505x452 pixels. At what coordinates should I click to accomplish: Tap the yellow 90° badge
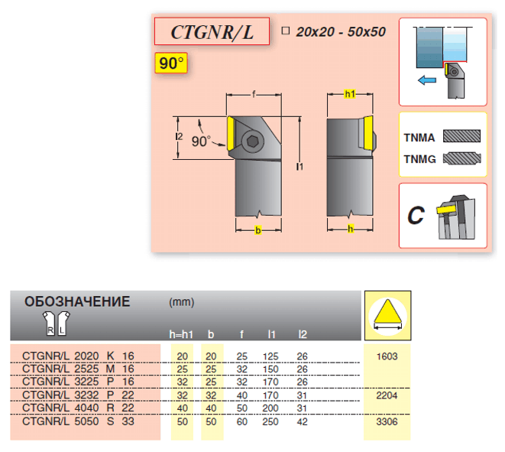[x=170, y=63]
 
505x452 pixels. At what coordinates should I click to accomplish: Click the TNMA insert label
[x=418, y=138]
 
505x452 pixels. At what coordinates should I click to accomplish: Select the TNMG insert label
[x=418, y=160]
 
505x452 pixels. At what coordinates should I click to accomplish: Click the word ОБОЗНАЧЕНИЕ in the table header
[x=77, y=301]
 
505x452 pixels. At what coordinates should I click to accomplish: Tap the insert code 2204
[x=387, y=395]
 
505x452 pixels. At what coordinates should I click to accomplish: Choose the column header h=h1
[x=182, y=334]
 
